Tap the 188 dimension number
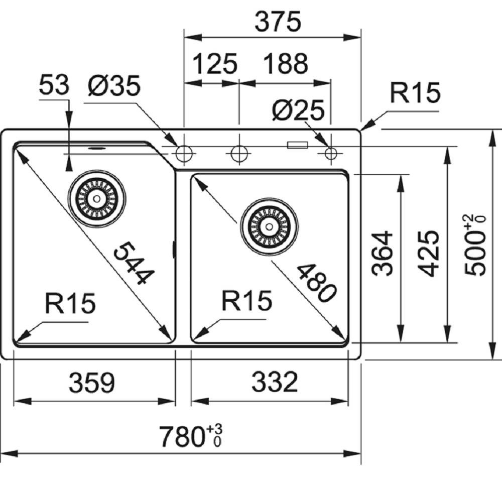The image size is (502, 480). pyautogui.click(x=284, y=64)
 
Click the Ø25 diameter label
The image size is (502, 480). pyautogui.click(x=298, y=110)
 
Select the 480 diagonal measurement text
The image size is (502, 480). pyautogui.click(x=316, y=283)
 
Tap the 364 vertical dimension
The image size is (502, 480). pyautogui.click(x=383, y=253)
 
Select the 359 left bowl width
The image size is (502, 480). pyautogui.click(x=92, y=383)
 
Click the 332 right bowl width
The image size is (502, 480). pyautogui.click(x=275, y=383)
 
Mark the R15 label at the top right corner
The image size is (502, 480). pyautogui.click(x=415, y=93)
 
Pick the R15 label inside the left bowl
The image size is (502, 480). pyautogui.click(x=70, y=303)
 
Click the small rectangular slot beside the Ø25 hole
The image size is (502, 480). pyautogui.click(x=297, y=145)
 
